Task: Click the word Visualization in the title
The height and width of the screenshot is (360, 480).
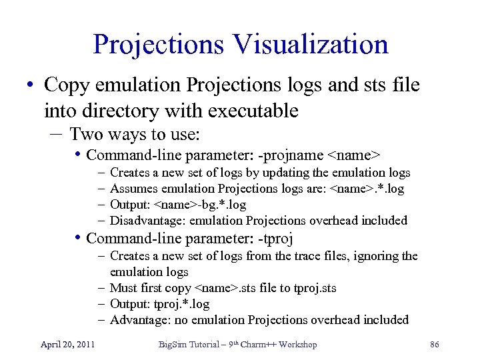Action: [x=310, y=45]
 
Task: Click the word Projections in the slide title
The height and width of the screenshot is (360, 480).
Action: [x=160, y=45]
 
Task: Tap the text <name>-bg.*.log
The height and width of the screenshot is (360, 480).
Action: [x=199, y=205]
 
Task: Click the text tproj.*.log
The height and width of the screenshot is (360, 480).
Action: [x=182, y=304]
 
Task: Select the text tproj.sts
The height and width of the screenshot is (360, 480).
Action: [x=311, y=288]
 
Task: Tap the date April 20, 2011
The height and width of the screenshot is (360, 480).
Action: [x=67, y=344]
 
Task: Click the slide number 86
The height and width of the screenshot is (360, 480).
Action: [x=435, y=344]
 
